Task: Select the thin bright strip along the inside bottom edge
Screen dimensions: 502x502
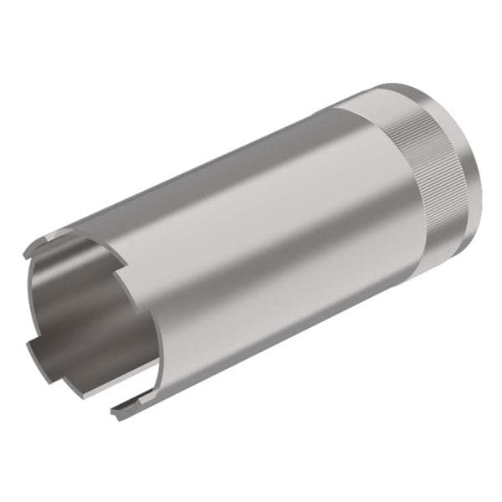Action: (84, 387)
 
